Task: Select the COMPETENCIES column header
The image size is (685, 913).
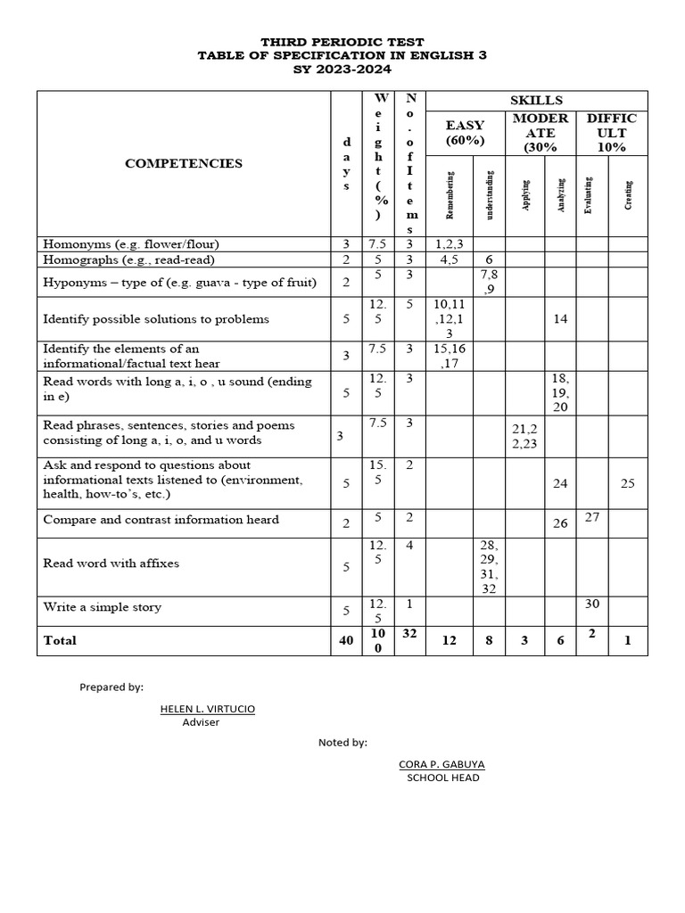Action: tap(184, 163)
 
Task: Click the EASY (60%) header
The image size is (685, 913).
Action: tap(465, 133)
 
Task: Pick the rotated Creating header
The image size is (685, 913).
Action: tap(629, 194)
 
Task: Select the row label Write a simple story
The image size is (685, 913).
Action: tap(103, 607)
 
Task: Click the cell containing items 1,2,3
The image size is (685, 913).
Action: tap(450, 243)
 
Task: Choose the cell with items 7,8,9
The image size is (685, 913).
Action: tap(490, 283)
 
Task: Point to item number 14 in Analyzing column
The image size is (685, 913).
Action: tap(560, 318)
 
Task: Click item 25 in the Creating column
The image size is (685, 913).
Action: tap(628, 484)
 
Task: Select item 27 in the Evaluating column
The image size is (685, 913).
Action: tap(592, 516)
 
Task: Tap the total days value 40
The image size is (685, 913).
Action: tap(345, 640)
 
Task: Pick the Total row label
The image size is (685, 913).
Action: tap(60, 640)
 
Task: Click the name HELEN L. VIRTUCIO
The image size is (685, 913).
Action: tap(207, 708)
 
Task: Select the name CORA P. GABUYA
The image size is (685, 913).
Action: tap(442, 764)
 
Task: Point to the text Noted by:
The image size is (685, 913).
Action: tap(342, 742)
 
